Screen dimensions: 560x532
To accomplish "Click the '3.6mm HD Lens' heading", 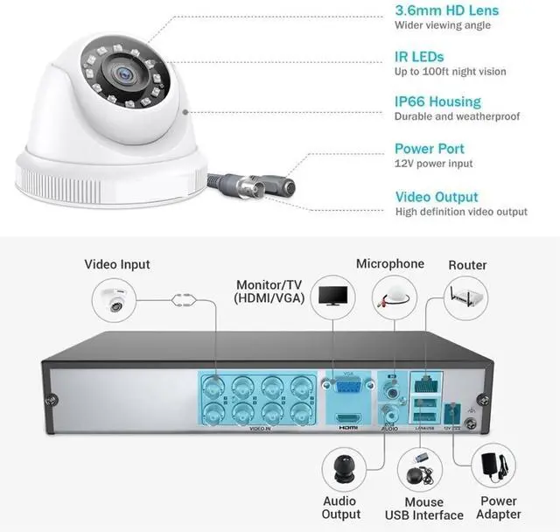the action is click(x=446, y=10).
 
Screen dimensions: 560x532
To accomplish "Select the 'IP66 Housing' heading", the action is click(x=437, y=101).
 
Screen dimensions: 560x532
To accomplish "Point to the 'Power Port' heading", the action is click(x=429, y=149).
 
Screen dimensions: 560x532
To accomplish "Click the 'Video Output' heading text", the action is click(x=437, y=197).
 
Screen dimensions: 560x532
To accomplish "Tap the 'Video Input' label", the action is click(x=117, y=264).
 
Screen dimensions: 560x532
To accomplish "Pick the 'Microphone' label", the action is click(x=390, y=263).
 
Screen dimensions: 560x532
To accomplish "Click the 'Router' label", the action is click(x=467, y=264).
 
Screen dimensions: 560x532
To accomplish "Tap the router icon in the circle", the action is click(x=466, y=297).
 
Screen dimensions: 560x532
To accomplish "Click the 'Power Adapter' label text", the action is click(x=500, y=507).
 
